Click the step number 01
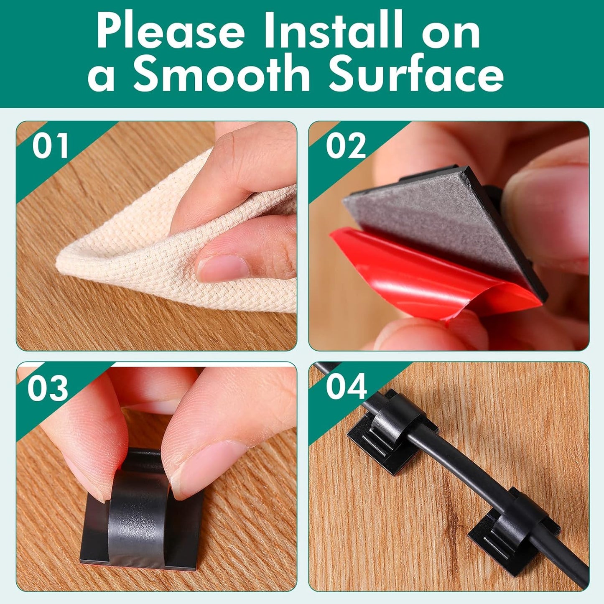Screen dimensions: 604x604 51,145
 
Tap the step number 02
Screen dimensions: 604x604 346,145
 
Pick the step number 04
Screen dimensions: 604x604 347,386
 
